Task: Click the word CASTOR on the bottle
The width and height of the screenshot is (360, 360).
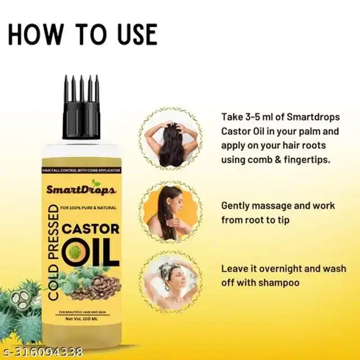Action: point(93,230)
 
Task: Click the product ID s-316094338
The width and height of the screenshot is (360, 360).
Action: point(42,353)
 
